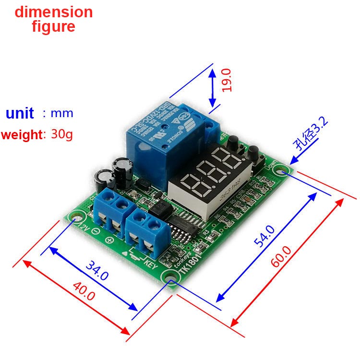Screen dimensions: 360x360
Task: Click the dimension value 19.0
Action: [x=227, y=80]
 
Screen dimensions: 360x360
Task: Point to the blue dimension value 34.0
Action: [x=97, y=270]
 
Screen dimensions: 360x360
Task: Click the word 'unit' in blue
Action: [x=20, y=114]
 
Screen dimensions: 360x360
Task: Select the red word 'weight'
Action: [x=22, y=135]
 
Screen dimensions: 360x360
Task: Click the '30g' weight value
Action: [x=62, y=134]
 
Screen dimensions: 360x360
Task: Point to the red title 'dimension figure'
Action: [x=53, y=19]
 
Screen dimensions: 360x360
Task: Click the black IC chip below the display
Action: [x=183, y=226]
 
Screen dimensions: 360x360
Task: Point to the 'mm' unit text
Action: [x=62, y=114]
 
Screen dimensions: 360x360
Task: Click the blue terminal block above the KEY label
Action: [x=147, y=228]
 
